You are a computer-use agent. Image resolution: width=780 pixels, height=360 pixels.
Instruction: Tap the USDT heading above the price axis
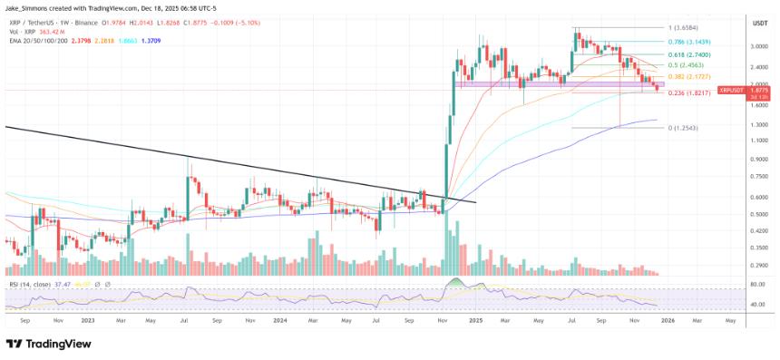[x=760, y=22]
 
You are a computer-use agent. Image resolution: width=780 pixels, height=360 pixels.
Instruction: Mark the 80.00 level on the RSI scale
[x=757, y=285]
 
